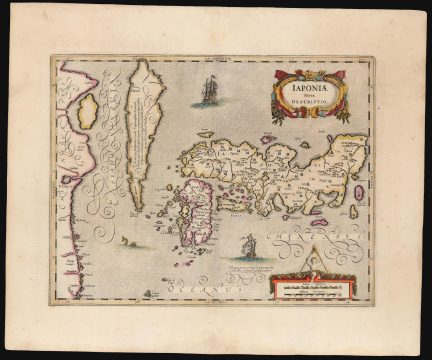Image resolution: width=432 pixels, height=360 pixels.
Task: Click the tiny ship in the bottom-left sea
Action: (151, 293)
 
